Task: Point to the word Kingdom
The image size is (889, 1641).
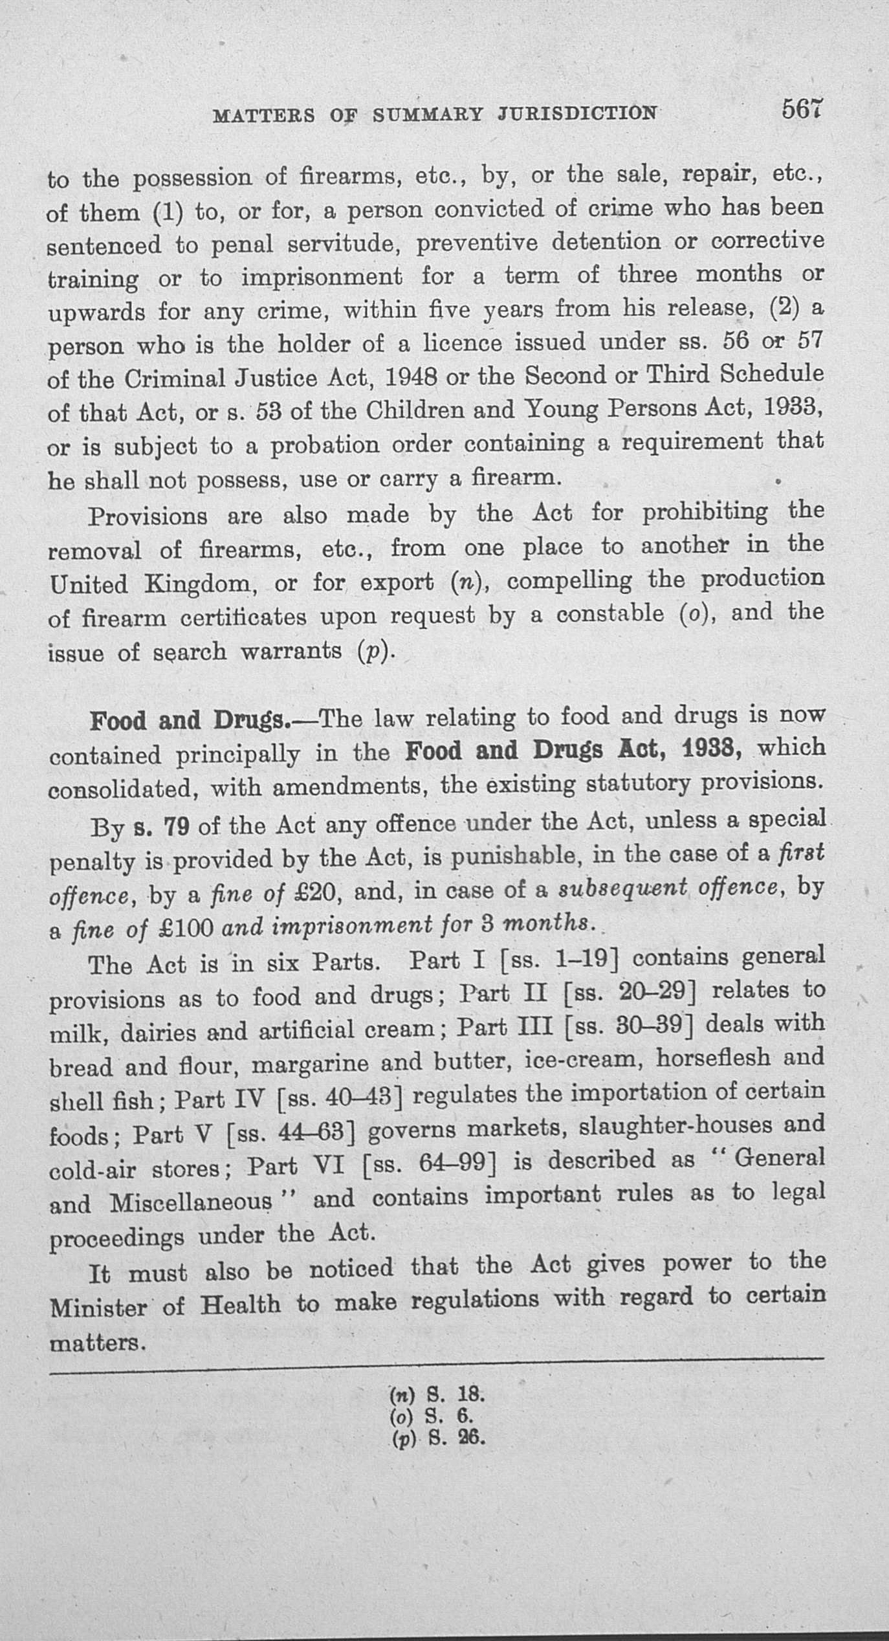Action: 197,584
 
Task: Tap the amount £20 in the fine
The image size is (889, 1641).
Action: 313,892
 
